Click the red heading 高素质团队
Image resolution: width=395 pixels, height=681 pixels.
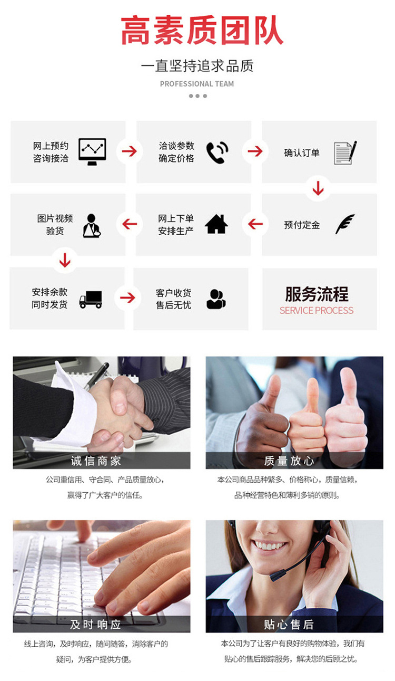tap(202, 31)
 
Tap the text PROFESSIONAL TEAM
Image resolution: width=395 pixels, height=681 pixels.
tap(197, 83)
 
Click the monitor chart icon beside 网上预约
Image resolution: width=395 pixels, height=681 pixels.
tap(92, 152)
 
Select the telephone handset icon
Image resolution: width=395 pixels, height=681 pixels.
tap(217, 152)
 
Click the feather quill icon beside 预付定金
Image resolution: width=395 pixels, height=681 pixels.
tap(345, 224)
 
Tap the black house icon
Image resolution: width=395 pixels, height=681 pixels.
tap(216, 224)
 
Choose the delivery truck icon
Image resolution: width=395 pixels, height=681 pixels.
tap(91, 299)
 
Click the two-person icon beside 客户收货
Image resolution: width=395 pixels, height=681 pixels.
tap(216, 299)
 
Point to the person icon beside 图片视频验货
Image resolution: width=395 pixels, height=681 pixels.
tap(91, 225)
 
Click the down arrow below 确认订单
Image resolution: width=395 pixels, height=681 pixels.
tap(318, 188)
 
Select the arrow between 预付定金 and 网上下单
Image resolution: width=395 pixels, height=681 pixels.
tap(255, 224)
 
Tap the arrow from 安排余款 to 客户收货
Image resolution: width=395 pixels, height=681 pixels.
tap(127, 298)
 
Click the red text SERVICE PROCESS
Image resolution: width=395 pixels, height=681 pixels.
tap(317, 310)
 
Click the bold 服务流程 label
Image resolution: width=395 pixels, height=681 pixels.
tap(317, 294)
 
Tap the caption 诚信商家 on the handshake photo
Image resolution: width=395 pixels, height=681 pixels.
tap(96, 461)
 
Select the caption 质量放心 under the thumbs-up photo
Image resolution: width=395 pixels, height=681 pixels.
tap(289, 461)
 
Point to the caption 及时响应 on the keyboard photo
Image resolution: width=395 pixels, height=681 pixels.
tap(96, 625)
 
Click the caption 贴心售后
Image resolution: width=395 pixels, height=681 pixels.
tap(289, 625)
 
